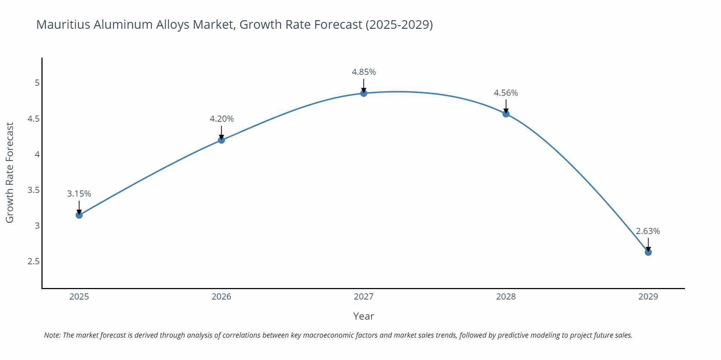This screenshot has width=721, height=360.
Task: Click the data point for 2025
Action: (79, 215)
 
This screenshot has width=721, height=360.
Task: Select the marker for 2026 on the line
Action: (221, 140)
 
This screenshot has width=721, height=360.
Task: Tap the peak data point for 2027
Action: (364, 93)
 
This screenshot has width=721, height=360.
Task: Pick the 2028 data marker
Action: (506, 114)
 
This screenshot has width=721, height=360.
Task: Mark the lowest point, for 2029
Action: (648, 252)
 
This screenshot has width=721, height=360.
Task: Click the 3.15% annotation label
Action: (79, 194)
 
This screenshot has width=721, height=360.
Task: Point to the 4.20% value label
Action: (222, 119)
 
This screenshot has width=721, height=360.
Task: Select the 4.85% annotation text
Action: (364, 72)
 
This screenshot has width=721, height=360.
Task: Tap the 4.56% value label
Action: (506, 93)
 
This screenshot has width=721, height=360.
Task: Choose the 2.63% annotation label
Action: (648, 231)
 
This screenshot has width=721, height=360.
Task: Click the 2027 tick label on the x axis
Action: (364, 297)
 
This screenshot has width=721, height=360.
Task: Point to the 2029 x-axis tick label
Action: (648, 297)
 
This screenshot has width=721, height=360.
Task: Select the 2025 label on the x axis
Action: (79, 297)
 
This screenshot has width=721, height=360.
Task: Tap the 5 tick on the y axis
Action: (37, 83)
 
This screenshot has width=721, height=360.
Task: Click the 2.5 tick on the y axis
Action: (34, 261)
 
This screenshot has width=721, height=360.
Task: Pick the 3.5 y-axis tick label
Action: (34, 190)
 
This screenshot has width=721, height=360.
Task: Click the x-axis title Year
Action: (363, 316)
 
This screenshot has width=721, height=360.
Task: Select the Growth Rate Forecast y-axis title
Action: (10, 172)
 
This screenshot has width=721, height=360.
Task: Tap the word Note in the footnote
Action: (52, 335)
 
